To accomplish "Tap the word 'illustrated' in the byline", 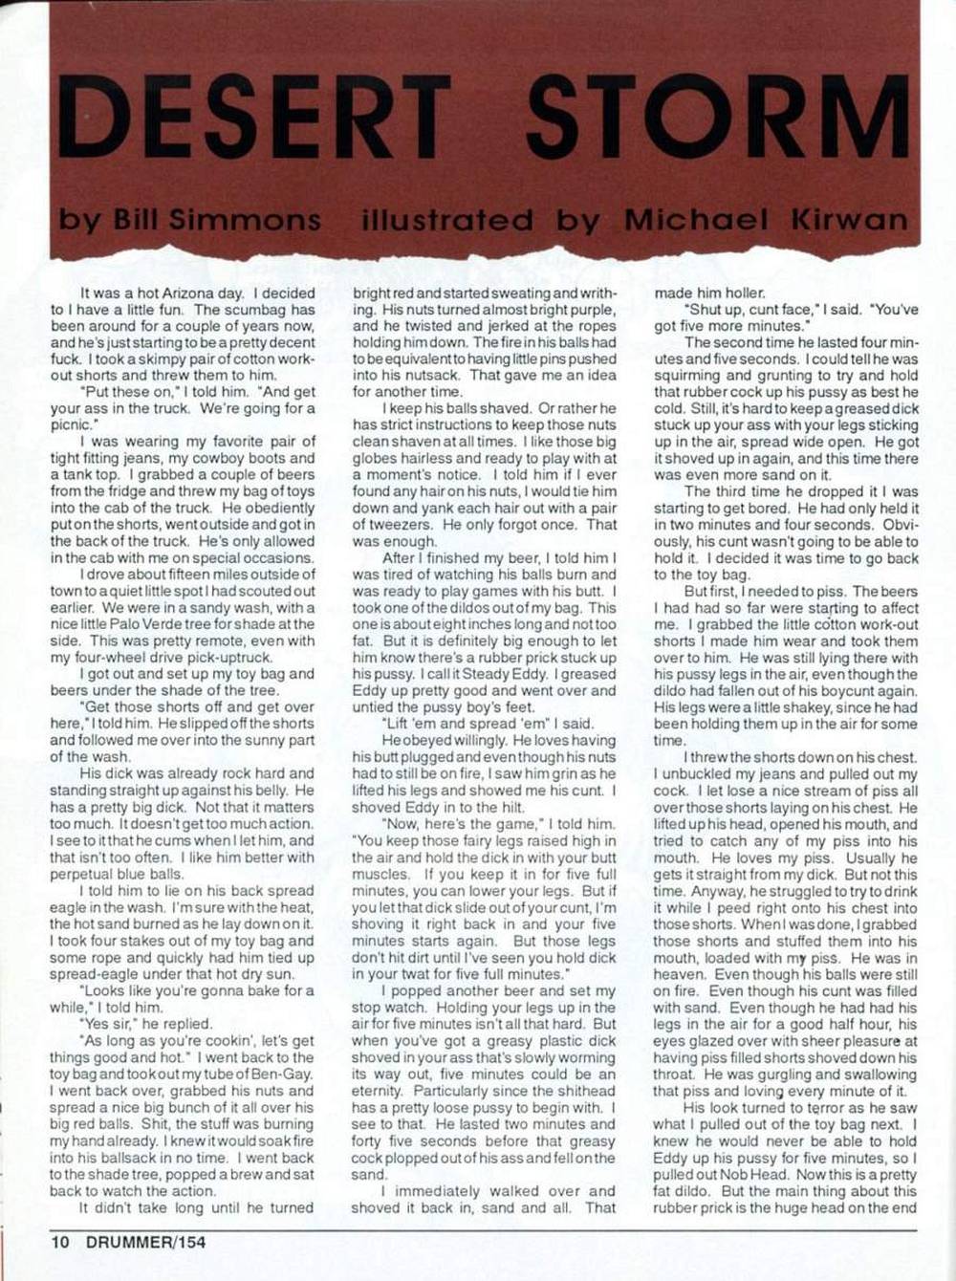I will point(446,220).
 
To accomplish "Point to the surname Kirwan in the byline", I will point(849,220).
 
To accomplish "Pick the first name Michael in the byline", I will point(695,220).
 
